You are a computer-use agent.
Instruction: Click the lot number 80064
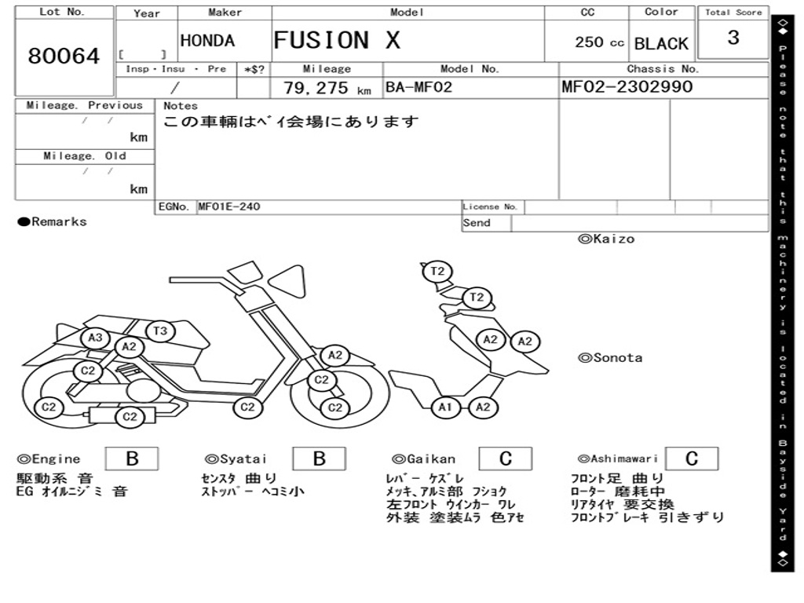tap(64, 56)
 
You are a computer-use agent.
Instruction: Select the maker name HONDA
tap(207, 41)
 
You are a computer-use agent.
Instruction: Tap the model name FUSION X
tap(337, 40)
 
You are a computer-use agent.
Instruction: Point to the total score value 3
tap(733, 38)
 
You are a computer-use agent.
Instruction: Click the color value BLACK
tap(661, 44)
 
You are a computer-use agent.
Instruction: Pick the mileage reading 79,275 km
tap(327, 88)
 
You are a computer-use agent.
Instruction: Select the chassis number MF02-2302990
tap(627, 86)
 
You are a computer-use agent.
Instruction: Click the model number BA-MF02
tap(418, 87)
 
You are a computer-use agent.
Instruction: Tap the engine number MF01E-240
tap(228, 206)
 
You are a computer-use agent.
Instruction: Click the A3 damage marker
tap(96, 338)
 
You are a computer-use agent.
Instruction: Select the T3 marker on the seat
tap(160, 331)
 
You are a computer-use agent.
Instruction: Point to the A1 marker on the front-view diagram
tap(445, 407)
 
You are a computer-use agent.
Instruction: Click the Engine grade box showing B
tap(132, 459)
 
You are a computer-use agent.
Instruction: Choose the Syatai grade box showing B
tap(319, 459)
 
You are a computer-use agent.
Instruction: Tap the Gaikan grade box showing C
tap(506, 459)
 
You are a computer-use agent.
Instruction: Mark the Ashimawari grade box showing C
tap(692, 459)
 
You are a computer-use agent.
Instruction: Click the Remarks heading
tap(53, 222)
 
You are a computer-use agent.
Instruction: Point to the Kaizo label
tap(606, 239)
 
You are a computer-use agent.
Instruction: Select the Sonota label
tap(610, 358)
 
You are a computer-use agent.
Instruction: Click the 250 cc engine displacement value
tap(599, 42)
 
